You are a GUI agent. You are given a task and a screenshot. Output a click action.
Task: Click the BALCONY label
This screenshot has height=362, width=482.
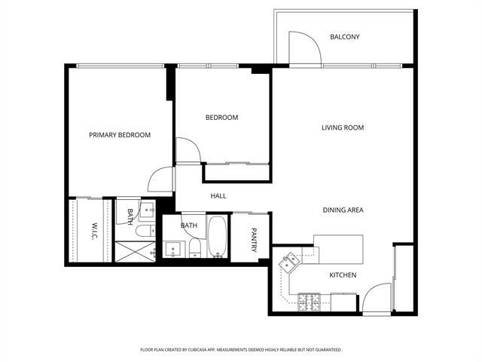tap(345, 37)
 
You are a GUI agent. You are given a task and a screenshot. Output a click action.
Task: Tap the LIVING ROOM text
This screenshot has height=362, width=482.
tap(343, 127)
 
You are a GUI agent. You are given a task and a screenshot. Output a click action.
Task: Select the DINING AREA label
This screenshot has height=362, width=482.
tap(343, 210)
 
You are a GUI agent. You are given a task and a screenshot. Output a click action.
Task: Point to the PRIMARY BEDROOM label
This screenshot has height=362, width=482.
tap(120, 135)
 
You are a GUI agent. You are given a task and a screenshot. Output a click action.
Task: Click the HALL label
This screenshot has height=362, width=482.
tap(218, 196)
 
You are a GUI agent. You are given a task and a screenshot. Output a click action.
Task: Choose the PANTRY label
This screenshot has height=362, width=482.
tap(254, 238)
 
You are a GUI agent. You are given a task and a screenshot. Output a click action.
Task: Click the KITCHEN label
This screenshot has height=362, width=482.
tap(343, 275)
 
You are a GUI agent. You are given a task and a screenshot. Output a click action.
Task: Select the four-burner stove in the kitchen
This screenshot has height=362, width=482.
tap(310, 302)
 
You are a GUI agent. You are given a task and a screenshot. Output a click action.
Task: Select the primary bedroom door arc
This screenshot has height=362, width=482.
tap(160, 179)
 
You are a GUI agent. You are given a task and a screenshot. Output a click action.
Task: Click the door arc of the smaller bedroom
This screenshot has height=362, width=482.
tap(188, 149)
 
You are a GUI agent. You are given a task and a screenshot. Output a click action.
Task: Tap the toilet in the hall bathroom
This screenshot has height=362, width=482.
tap(195, 249)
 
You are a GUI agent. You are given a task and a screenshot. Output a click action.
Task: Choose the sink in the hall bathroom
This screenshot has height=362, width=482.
tap(173, 250)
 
